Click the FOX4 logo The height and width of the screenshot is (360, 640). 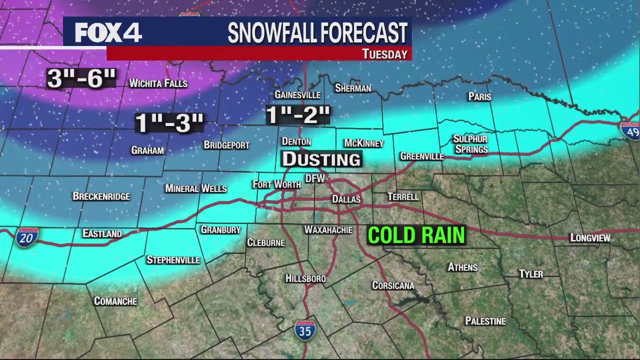click(x=108, y=33)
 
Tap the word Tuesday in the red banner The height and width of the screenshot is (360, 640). click(x=384, y=54)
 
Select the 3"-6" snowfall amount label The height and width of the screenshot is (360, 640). click(x=81, y=79)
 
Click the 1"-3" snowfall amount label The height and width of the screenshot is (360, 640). click(x=169, y=123)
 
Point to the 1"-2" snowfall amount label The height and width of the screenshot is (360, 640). click(x=298, y=115)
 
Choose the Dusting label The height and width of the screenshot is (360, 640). click(x=321, y=159)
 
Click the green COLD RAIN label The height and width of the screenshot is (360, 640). click(x=416, y=235)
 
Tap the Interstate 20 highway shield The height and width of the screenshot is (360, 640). click(x=26, y=237)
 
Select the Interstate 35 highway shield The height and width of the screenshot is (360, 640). click(x=305, y=330)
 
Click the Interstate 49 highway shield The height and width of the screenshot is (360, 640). click(x=631, y=130)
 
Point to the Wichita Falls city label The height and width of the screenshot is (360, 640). click(x=158, y=83)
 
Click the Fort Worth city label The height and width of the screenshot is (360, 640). click(x=276, y=184)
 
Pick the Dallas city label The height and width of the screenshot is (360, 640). click(x=346, y=199)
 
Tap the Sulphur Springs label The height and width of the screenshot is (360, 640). click(x=470, y=144)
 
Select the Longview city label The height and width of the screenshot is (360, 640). click(x=590, y=238)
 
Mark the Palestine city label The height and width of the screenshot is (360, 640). click(x=485, y=321)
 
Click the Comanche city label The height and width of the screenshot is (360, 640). click(x=115, y=301)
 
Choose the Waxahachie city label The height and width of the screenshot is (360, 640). click(x=328, y=230)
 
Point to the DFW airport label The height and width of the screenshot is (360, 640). click(x=315, y=178)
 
